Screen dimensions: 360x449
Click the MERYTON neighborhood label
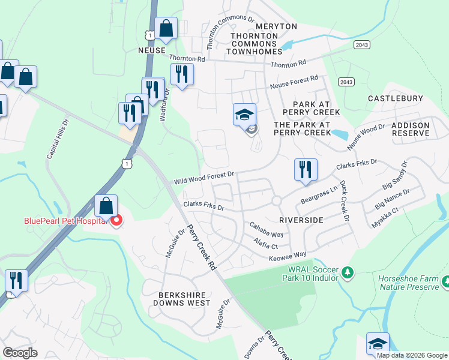pyautogui.click(x=276, y=27)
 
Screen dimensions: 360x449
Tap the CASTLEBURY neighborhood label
pyautogui.click(x=395, y=98)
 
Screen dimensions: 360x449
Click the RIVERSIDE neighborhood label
pyautogui.click(x=301, y=220)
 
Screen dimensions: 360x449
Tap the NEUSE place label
pyautogui.click(x=151, y=51)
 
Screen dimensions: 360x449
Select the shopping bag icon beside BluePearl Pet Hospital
pyautogui.click(x=106, y=206)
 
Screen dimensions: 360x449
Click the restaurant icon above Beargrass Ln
pyautogui.click(x=306, y=169)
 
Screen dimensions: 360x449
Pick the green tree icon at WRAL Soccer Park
pyautogui.click(x=347, y=274)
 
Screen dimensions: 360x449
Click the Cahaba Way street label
pyautogui.click(x=267, y=229)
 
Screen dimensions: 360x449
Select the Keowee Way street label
pyautogui.click(x=291, y=254)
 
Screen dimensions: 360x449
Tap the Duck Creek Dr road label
pyautogui.click(x=344, y=201)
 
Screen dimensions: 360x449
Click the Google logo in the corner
pyautogui.click(x=20, y=353)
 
